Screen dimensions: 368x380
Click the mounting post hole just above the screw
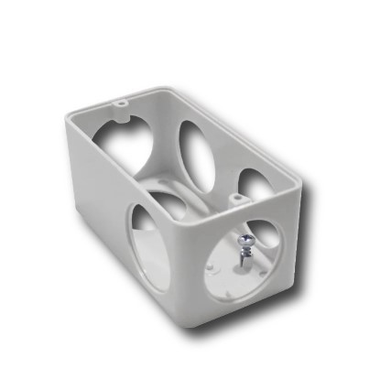tap(236, 196)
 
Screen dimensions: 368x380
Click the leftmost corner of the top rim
tap(65, 117)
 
